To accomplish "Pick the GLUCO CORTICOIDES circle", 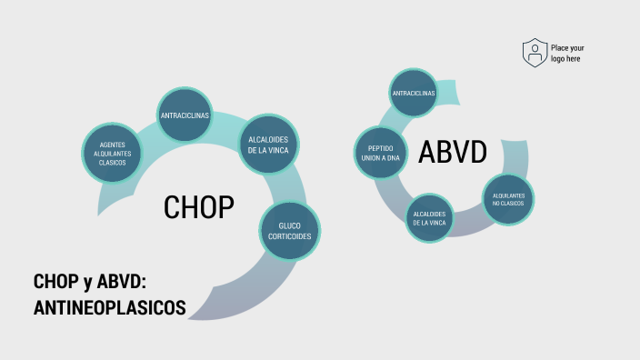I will coord(290,230).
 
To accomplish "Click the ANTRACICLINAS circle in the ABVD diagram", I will coord(414,93).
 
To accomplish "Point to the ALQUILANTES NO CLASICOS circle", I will coord(508,200).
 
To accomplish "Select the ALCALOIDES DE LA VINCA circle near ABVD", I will coord(429,218).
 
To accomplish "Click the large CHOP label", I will coord(199,207).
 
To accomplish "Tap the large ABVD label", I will coord(453,153).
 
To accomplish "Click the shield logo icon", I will coord(535,53).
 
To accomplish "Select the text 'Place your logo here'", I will coord(566,53).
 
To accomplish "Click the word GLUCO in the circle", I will coord(290,225).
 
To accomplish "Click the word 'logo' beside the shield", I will coord(558,58).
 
